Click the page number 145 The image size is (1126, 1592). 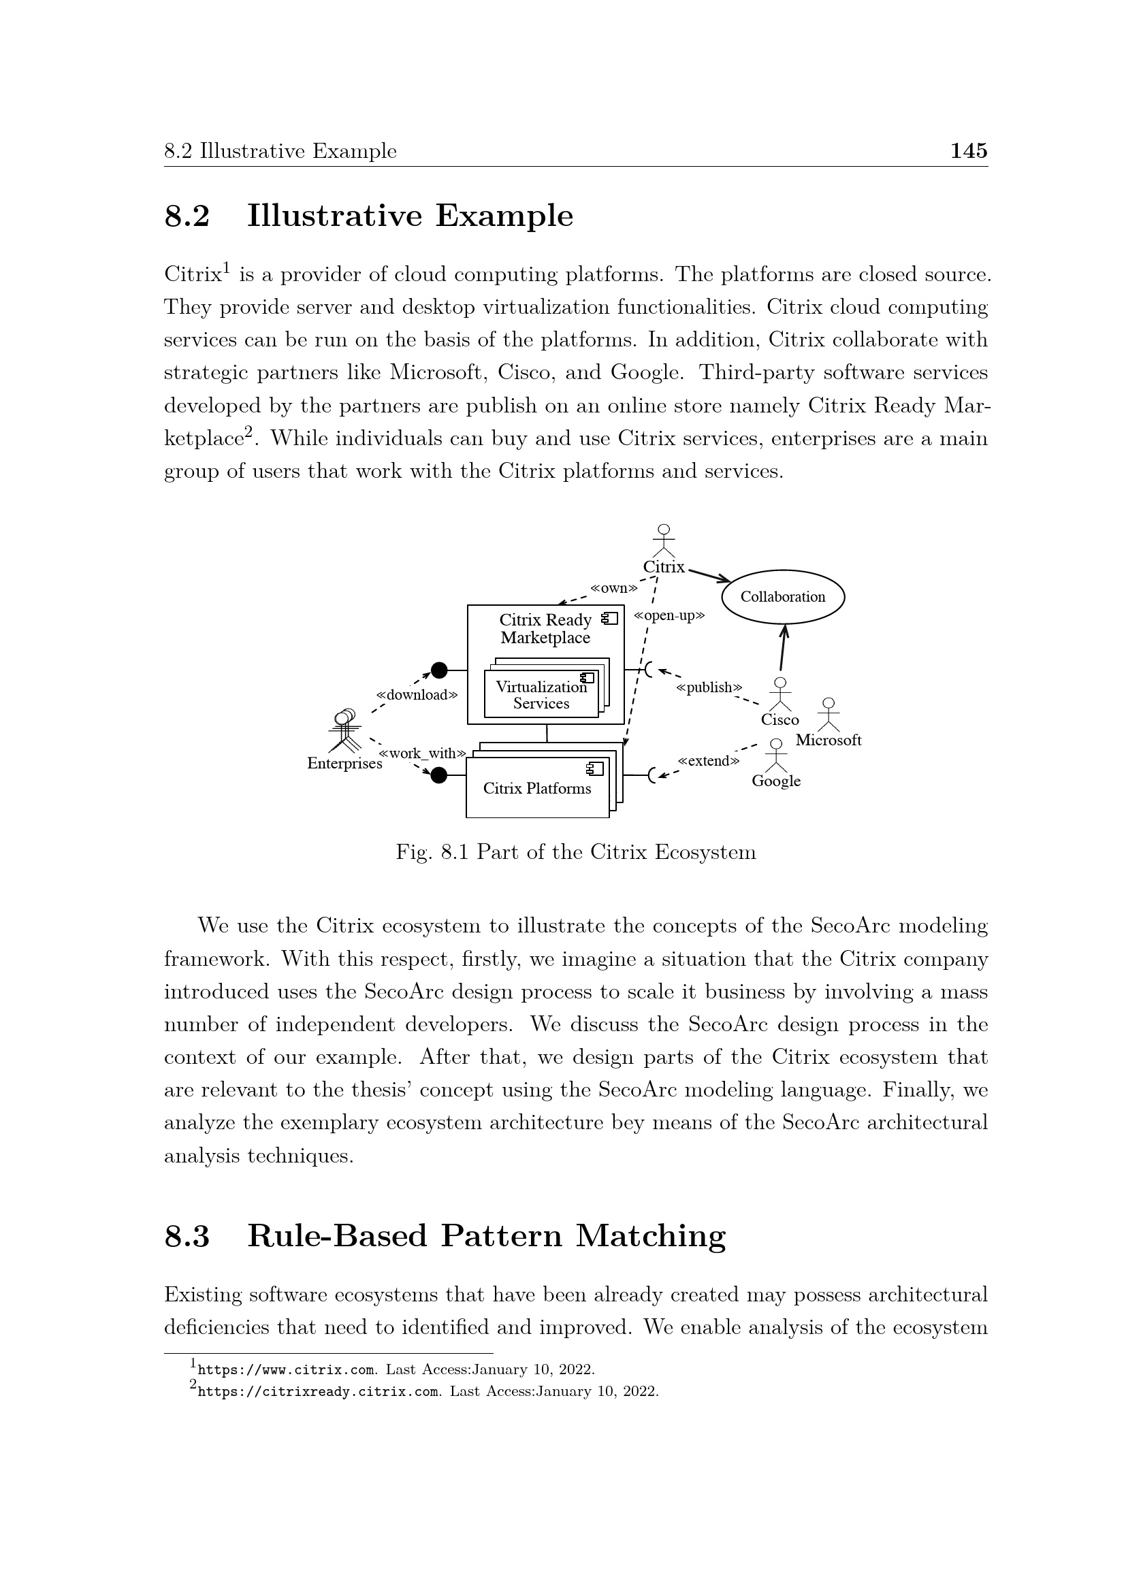coord(968,151)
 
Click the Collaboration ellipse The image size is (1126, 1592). coord(783,597)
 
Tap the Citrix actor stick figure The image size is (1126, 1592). coord(664,540)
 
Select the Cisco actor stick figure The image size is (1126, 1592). coord(780,694)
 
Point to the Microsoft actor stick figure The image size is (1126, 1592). coord(828,715)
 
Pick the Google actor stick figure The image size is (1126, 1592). coord(776,756)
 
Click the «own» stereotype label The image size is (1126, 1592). coord(613,589)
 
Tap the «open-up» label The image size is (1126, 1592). coord(669,616)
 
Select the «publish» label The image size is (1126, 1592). coord(709,688)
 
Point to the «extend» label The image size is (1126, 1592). coord(709,762)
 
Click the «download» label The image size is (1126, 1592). coord(417,695)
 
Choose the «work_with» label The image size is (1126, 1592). coord(422,753)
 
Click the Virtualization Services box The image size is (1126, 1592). coord(541,695)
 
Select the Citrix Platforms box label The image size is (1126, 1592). coord(536,788)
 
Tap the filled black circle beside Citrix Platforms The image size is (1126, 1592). coord(439,775)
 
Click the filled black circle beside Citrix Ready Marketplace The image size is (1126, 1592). coord(439,670)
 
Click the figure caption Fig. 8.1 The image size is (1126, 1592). coord(575,852)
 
